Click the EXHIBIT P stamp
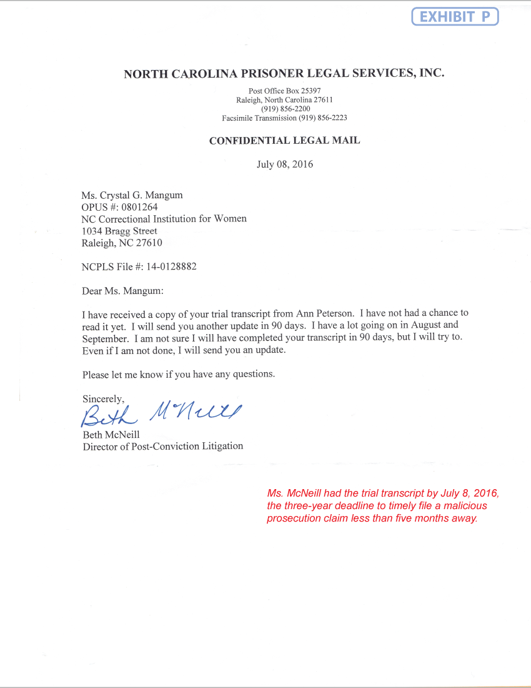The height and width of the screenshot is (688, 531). coord(455,17)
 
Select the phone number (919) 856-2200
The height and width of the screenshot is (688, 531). coord(285,109)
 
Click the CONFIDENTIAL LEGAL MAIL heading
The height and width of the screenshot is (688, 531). coord(284,141)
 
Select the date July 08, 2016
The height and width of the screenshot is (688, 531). coord(285,164)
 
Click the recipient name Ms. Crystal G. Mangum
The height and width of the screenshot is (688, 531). coord(132,195)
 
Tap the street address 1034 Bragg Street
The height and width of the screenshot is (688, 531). coord(119,231)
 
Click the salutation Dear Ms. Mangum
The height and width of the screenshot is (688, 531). coord(122,291)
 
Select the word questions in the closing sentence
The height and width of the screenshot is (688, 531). coord(252,374)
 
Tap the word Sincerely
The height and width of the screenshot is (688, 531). coord(103,398)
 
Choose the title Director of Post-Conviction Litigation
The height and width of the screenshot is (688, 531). coord(163,447)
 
